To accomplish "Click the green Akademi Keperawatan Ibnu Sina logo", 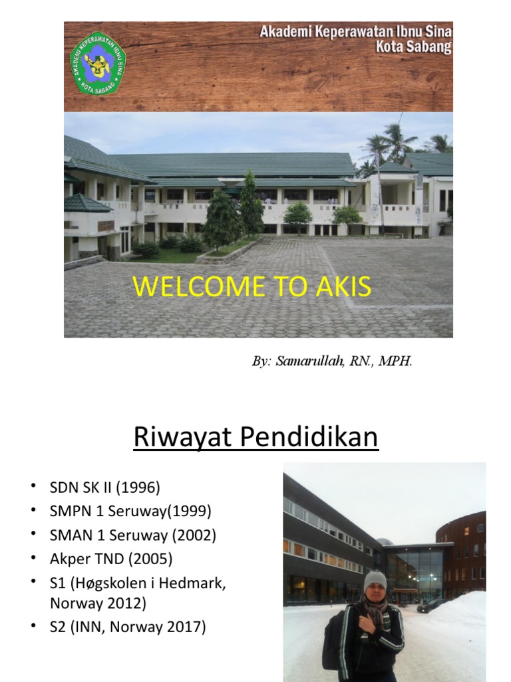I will (x=98, y=64).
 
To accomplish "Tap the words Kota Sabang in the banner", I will (x=413, y=47).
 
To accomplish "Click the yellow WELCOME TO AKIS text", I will (x=252, y=287).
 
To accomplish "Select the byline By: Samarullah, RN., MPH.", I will (x=332, y=362).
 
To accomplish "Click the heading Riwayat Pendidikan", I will (x=255, y=438).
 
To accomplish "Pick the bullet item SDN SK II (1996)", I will (x=104, y=488).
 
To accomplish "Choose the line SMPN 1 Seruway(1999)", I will (x=130, y=511).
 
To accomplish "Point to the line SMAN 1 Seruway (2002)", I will (x=133, y=535).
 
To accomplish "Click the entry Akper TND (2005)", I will (x=111, y=559).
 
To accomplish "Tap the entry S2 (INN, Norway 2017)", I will (x=128, y=627).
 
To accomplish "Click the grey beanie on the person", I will (x=375, y=579).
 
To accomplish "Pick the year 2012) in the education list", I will (x=128, y=603).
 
